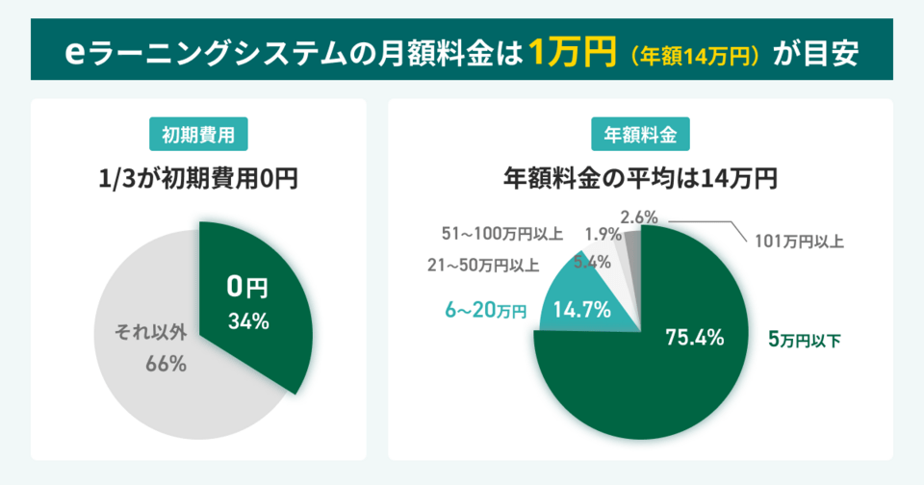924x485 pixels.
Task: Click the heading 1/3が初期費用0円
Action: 198,179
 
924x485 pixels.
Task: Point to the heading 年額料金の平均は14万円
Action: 640,179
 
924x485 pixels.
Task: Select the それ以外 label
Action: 152,335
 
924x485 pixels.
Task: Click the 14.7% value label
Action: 581,310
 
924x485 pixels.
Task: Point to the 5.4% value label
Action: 590,262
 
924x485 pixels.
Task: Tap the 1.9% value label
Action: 603,234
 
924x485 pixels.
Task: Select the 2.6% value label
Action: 639,217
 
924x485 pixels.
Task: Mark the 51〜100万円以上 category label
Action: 501,234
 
